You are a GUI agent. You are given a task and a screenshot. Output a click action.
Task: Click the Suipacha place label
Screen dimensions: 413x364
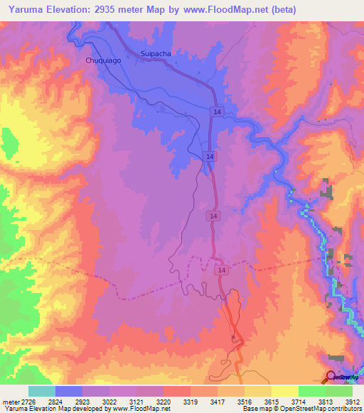156,53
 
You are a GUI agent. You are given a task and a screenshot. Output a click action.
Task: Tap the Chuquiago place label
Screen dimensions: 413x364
103,61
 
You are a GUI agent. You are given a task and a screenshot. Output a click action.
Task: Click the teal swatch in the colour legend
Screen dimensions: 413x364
42,391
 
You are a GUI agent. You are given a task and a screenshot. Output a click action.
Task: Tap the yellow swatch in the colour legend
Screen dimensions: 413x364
285,391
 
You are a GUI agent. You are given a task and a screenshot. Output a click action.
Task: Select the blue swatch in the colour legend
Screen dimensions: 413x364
69,391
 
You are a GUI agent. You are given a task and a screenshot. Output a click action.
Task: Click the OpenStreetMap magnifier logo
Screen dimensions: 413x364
331,376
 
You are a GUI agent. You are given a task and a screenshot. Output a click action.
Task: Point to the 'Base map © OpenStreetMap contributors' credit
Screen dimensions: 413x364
301,409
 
